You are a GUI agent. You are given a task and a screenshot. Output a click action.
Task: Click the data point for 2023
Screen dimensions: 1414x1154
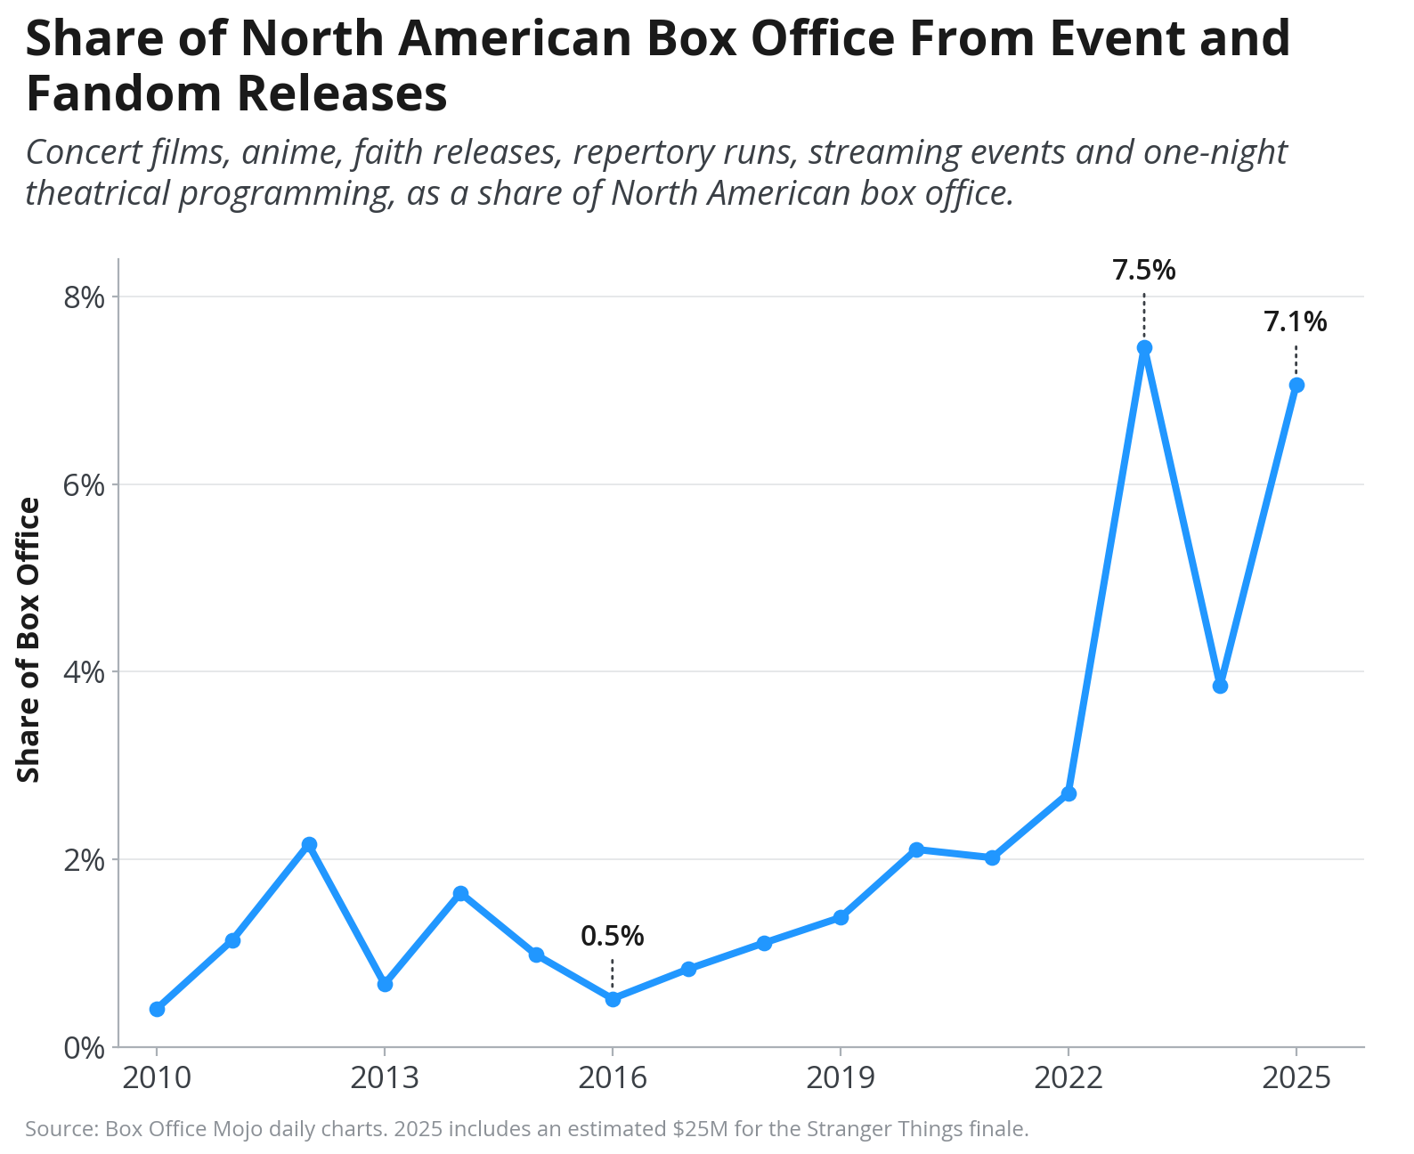point(1144,347)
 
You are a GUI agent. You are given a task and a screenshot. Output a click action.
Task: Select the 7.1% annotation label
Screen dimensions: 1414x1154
point(1295,321)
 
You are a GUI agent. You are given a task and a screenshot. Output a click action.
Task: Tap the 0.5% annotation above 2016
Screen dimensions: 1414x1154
point(612,936)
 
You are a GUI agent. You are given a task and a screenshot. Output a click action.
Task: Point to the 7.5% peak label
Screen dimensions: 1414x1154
point(1144,270)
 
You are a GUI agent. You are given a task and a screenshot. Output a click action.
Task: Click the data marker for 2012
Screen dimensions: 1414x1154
point(308,844)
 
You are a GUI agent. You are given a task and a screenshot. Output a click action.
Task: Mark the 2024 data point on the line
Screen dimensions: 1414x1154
point(1220,686)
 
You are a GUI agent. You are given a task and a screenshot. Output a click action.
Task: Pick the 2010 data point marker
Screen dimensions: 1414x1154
point(157,1009)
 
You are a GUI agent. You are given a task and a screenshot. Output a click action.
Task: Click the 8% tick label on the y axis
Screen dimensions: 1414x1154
point(85,297)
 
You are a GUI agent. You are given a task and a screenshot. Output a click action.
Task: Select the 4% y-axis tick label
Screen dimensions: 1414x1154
point(85,672)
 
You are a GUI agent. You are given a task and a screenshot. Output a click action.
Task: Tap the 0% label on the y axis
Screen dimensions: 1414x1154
point(85,1047)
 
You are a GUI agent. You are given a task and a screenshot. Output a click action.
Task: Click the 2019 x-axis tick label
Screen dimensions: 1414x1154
point(840,1078)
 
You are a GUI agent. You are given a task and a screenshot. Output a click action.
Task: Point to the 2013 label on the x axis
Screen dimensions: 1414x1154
point(384,1078)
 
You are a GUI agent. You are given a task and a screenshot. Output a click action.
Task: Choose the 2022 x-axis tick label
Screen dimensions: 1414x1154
point(1068,1078)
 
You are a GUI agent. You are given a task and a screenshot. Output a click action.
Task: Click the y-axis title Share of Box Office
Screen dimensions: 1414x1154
point(28,639)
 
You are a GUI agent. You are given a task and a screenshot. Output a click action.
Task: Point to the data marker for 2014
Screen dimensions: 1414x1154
point(460,893)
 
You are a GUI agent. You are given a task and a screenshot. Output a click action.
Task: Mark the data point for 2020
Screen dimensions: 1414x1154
point(916,849)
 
